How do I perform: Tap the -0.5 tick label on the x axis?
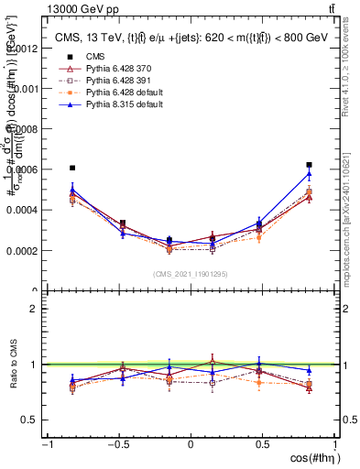coord(117,444)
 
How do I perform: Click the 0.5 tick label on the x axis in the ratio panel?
coord(263,444)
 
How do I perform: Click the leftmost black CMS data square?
coord(72,168)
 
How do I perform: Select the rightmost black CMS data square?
coord(310,165)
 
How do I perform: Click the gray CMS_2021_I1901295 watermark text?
coord(191,274)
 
